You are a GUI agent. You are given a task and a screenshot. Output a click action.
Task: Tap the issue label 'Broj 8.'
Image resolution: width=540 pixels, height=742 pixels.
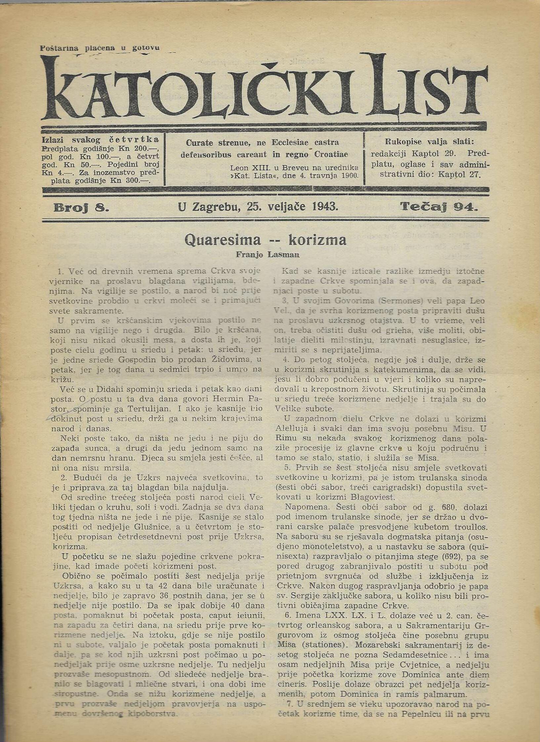pyautogui.click(x=81, y=207)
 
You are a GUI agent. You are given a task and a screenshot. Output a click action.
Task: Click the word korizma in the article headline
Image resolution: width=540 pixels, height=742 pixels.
pyautogui.click(x=317, y=240)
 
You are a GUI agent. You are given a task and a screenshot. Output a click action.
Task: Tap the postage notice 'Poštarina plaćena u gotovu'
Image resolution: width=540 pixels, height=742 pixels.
pyautogui.click(x=100, y=48)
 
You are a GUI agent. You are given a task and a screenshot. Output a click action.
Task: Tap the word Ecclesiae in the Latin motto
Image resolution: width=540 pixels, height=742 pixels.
pyautogui.click(x=290, y=143)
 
